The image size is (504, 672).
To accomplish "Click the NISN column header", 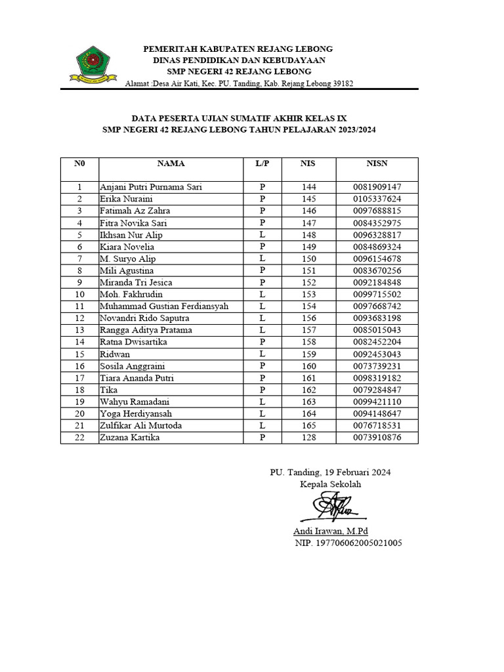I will click(x=377, y=163).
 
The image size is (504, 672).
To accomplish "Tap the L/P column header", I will click(x=262, y=163).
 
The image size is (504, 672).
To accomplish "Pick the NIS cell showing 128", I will click(x=308, y=438).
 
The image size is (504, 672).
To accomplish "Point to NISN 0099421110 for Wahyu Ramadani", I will click(x=377, y=402).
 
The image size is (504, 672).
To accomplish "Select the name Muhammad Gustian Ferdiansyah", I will click(x=164, y=306).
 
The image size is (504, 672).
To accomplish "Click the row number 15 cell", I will click(x=79, y=354).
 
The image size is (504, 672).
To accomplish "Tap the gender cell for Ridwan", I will click(x=262, y=354).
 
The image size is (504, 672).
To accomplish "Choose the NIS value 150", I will click(x=308, y=259).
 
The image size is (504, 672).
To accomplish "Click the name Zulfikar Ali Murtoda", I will click(x=140, y=426).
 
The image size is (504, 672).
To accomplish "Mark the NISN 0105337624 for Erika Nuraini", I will click(x=377, y=199).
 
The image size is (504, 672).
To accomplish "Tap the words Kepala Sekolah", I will click(x=330, y=484).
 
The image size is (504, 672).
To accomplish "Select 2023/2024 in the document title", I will click(x=352, y=130).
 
